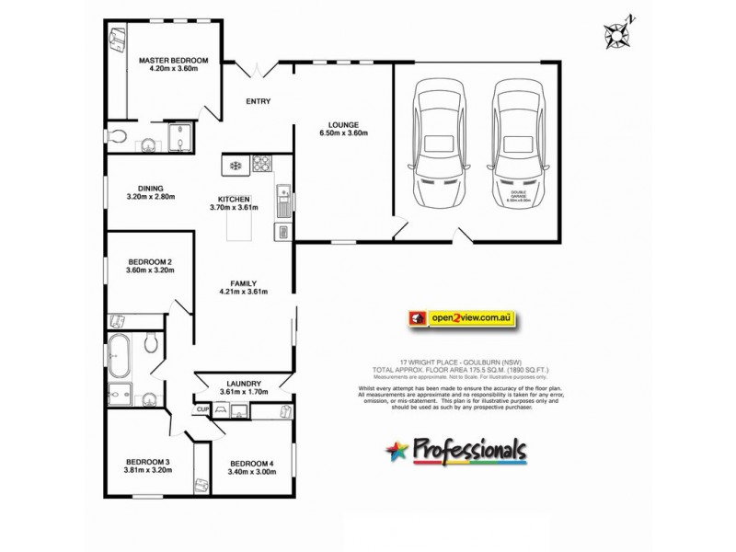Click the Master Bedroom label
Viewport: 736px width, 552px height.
pos(174,61)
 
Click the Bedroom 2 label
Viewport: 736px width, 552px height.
pos(150,262)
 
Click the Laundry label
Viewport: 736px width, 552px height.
pos(244,384)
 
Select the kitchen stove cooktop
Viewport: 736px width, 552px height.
pos(261,166)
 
